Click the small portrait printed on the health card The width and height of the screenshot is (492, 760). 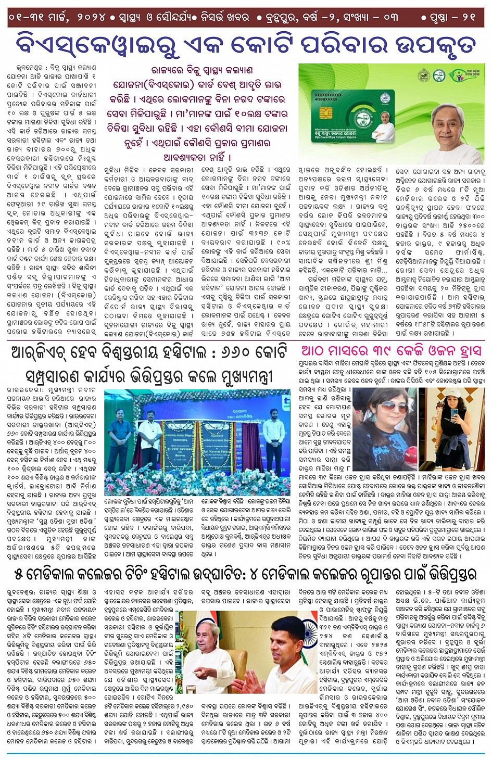(x=386, y=119)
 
